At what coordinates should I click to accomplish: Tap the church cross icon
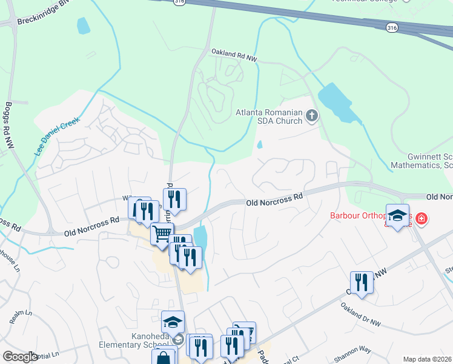click(311, 115)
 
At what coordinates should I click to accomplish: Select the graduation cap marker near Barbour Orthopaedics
click(397, 216)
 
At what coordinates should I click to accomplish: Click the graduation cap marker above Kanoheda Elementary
click(173, 321)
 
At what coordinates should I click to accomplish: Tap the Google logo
click(20, 357)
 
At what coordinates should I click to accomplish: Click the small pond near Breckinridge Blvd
click(83, 25)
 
